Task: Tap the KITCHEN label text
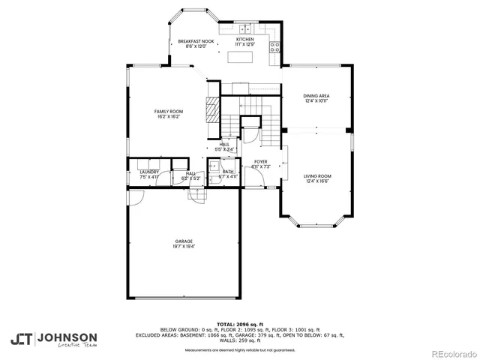point(245,39)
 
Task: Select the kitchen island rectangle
point(244,56)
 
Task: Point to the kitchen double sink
point(245,27)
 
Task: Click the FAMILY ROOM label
point(169,111)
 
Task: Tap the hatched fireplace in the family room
point(214,109)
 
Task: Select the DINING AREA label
point(316,95)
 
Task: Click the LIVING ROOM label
point(317,176)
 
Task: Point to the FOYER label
point(260,161)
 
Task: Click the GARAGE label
point(184,241)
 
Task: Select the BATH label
point(228,172)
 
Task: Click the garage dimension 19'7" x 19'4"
point(184,246)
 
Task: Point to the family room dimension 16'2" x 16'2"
point(169,116)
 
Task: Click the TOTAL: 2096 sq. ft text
point(239,324)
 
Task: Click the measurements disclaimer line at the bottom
point(239,349)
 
